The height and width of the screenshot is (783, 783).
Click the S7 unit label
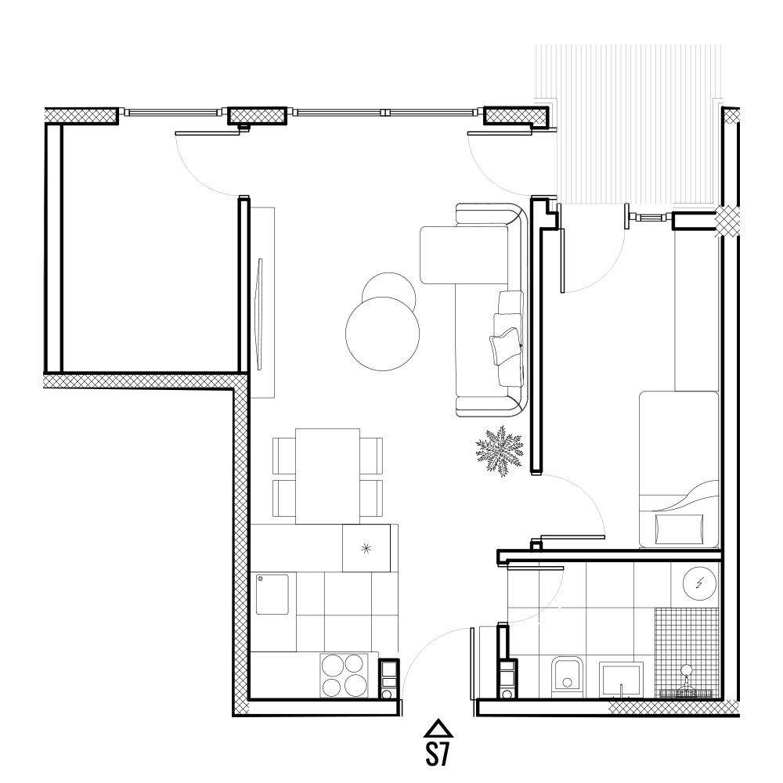[438, 753]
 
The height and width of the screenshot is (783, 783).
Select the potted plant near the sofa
[499, 451]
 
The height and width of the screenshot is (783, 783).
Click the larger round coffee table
[383, 334]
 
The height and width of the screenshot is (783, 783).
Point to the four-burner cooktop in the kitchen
[344, 675]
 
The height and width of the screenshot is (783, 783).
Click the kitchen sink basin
[272, 594]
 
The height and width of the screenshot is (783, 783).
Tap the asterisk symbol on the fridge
[366, 549]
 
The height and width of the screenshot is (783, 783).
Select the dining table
[327, 476]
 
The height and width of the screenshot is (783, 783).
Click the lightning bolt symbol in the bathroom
[699, 583]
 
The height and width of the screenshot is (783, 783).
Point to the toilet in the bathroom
[567, 676]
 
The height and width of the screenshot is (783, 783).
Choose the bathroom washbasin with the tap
[621, 679]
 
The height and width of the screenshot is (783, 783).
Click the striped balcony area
[629, 124]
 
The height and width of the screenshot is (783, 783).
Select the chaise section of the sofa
[464, 255]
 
